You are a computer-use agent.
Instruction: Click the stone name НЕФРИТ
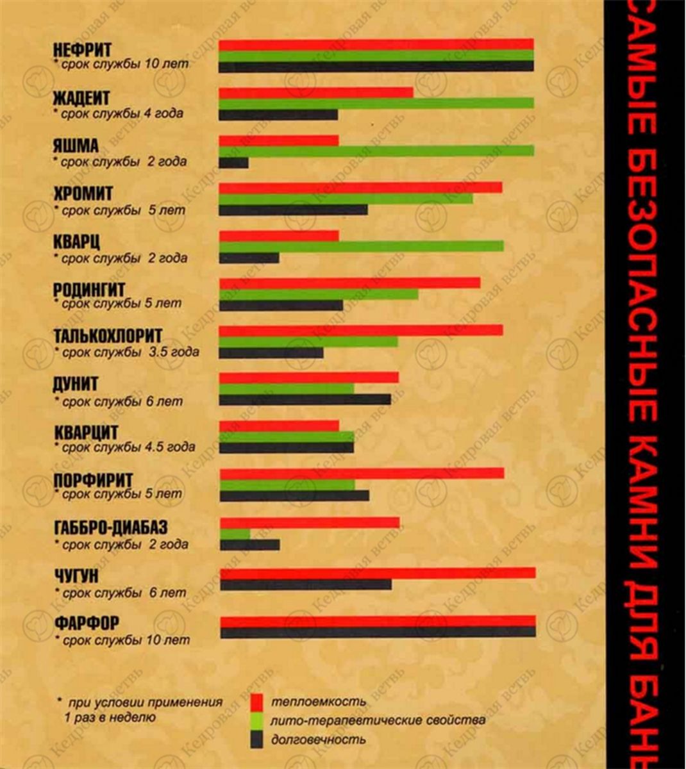[x=82, y=50]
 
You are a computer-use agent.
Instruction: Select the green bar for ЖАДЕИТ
[x=376, y=104]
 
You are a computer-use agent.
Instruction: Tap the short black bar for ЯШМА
[x=233, y=163]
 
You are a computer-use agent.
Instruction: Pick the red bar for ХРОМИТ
[x=360, y=187]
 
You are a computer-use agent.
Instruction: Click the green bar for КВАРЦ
[x=361, y=247]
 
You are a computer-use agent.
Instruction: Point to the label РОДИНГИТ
[x=89, y=290]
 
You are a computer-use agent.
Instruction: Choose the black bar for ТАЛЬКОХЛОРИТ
[x=271, y=353]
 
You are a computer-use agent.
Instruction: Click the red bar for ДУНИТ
[x=309, y=377]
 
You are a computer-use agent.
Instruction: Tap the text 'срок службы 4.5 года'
[x=128, y=447]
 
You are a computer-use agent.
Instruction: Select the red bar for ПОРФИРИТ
[x=362, y=474]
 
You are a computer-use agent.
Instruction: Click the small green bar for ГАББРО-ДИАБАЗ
[x=235, y=533]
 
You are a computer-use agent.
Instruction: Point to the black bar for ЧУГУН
[x=306, y=584]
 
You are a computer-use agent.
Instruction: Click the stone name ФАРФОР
[x=87, y=623]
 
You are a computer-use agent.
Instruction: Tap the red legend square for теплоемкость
[x=256, y=701]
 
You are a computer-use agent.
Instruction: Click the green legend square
[x=256, y=720]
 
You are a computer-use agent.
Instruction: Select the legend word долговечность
[x=318, y=740]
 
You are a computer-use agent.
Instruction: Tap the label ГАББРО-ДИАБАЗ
[x=111, y=527]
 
